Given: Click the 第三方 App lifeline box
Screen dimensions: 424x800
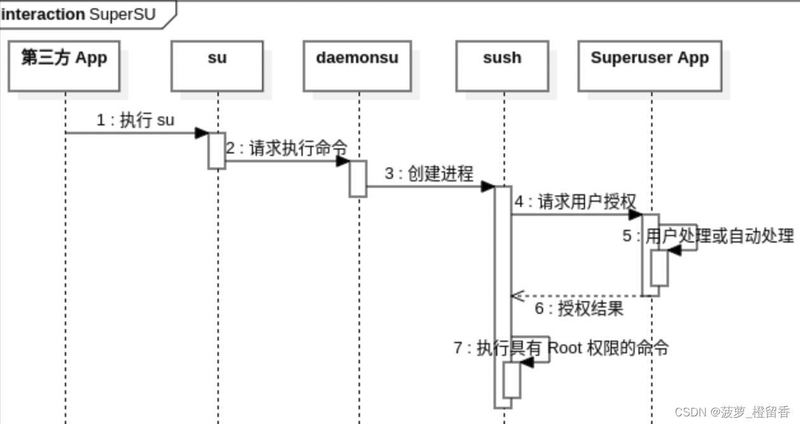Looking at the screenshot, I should [x=64, y=66].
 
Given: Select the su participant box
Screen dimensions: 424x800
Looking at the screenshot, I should [x=217, y=66].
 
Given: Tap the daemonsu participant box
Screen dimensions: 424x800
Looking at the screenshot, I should [x=357, y=66].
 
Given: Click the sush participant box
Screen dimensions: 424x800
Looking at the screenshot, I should [x=502, y=66].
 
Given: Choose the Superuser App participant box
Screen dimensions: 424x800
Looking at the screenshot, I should [x=650, y=66].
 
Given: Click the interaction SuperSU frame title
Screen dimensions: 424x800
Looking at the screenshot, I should [x=79, y=14].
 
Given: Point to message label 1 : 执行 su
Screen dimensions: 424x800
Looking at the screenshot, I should [x=135, y=120].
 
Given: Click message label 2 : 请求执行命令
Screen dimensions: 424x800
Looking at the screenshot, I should [x=287, y=148].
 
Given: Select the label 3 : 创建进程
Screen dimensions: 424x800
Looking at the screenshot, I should [x=429, y=174].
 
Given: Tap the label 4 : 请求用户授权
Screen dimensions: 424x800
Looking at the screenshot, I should [x=576, y=202].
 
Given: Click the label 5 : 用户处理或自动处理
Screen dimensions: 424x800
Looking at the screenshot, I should [x=708, y=236].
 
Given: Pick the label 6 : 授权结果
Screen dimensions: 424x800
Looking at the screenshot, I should [x=579, y=309].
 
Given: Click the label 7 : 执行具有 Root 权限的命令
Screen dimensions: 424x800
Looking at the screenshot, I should [x=561, y=348].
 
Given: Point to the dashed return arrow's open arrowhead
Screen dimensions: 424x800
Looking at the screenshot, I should [x=516, y=295].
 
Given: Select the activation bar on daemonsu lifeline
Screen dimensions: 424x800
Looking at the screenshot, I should [x=358, y=178].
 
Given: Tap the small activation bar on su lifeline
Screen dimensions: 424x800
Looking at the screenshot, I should [x=217, y=151].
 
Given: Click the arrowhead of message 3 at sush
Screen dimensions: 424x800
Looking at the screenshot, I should [x=488, y=186].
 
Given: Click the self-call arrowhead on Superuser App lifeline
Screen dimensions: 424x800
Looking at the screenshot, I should [x=674, y=250].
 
